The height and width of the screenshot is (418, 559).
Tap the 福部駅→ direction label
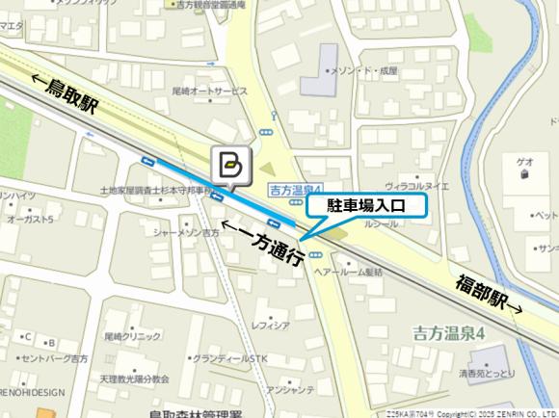pyautogui.click(x=490, y=295)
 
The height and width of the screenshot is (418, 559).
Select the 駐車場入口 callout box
pyautogui.click(x=365, y=205)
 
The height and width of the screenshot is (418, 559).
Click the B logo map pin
pyautogui.click(x=230, y=166)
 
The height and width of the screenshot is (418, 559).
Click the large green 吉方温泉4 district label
pyautogui.click(x=447, y=333)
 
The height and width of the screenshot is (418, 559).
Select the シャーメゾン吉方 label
pyautogui.click(x=186, y=232)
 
